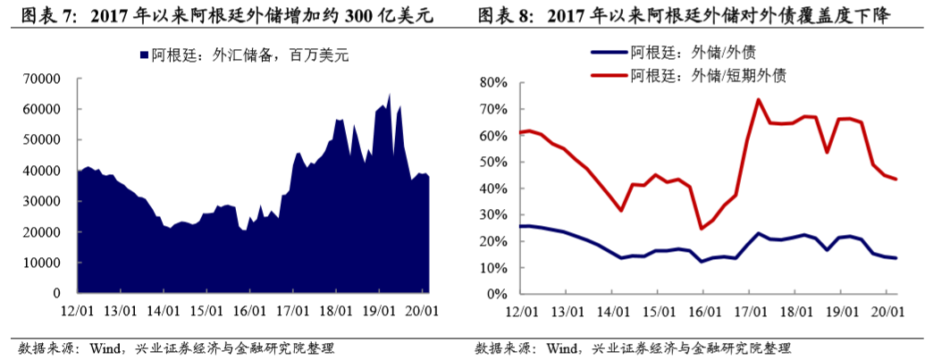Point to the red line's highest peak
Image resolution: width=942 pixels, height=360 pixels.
(x=758, y=99)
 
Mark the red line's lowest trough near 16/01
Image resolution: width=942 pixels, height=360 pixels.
(x=702, y=229)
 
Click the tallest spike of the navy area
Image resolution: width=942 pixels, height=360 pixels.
(x=389, y=94)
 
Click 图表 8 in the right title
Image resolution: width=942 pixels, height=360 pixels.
(x=505, y=17)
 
